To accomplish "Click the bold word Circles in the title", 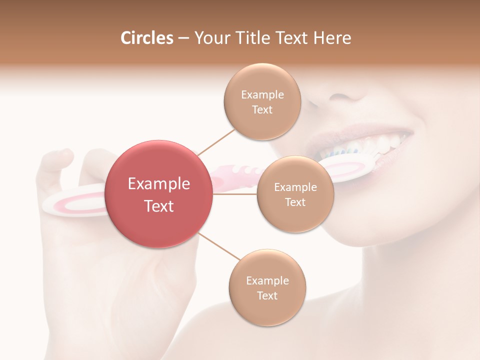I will coord(146,38).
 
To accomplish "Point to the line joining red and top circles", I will coord(216,141).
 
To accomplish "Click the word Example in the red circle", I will coord(159,184).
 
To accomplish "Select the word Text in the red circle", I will coord(159,206).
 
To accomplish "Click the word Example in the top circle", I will coord(262,95).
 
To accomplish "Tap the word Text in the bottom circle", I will coord(267,296).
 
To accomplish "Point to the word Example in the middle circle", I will coord(295,187).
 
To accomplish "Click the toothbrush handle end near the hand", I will coord(70,202).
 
